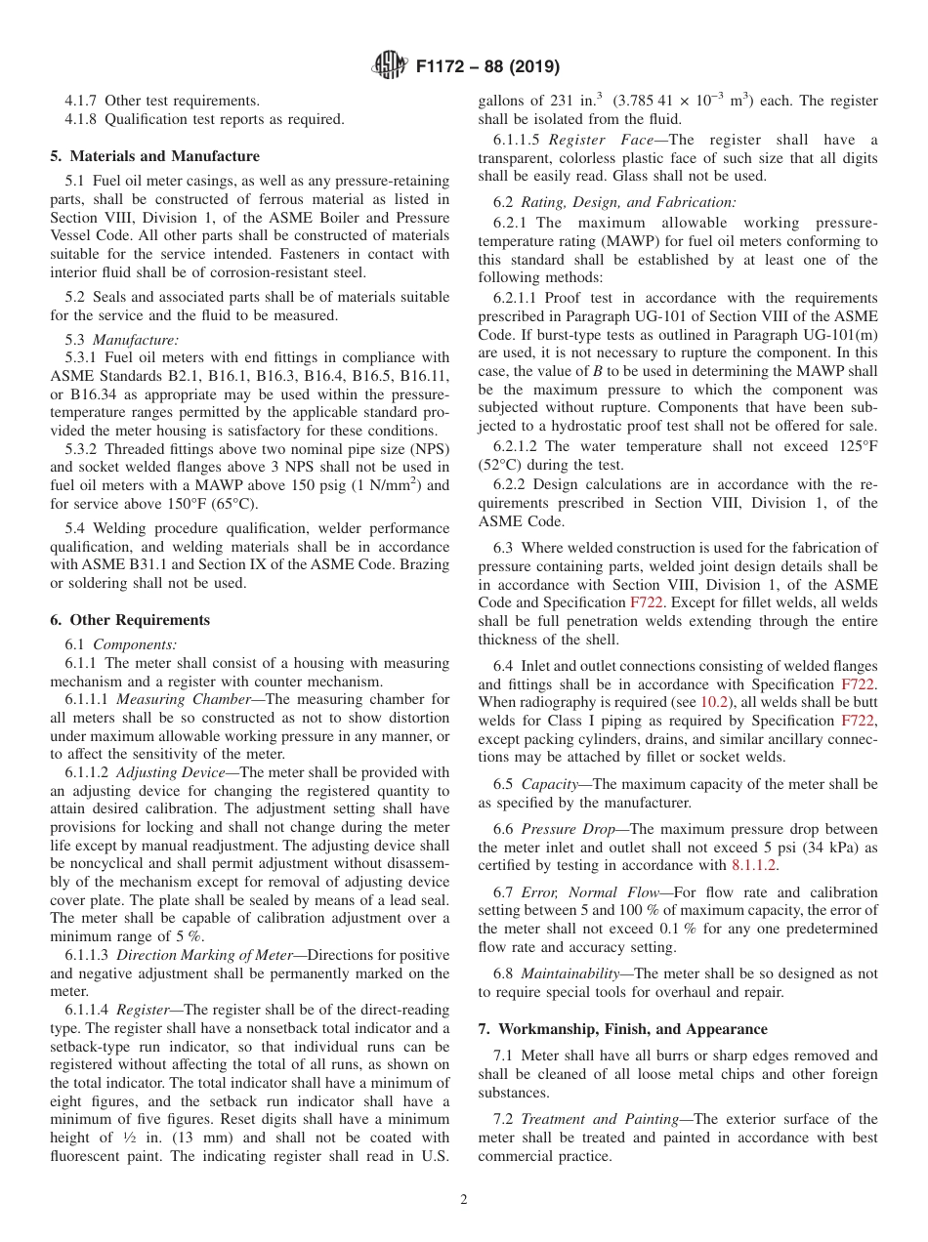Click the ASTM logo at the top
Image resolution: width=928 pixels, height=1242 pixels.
click(x=392, y=67)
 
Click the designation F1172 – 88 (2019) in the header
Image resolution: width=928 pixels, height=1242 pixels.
click(x=487, y=67)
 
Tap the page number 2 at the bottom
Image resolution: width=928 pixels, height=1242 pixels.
click(x=464, y=1200)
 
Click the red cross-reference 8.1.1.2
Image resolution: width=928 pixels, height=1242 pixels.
click(x=754, y=865)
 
